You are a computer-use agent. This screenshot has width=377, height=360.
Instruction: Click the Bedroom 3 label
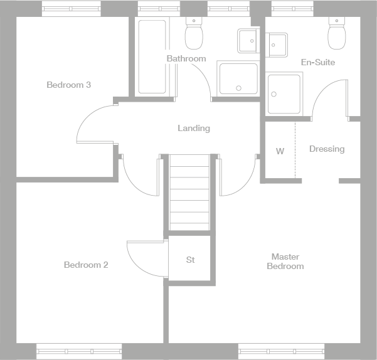pyautogui.click(x=69, y=85)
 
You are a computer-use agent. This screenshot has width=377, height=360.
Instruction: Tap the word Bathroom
pyautogui.click(x=186, y=58)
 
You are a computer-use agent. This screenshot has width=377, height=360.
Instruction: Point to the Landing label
pyautogui.click(x=194, y=129)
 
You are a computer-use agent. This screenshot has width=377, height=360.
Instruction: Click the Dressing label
pyautogui.click(x=327, y=149)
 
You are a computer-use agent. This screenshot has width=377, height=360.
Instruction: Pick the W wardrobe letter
pyautogui.click(x=280, y=151)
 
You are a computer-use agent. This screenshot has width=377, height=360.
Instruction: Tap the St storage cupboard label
pyautogui.click(x=190, y=259)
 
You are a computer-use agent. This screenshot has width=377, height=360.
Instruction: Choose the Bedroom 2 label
pyautogui.click(x=86, y=265)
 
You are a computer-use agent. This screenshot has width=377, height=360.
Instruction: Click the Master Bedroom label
pyautogui.click(x=285, y=262)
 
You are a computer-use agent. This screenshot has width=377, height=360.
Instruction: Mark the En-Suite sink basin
pyautogui.click(x=277, y=44)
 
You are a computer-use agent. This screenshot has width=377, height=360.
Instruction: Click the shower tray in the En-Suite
pyautogui.click(x=284, y=93)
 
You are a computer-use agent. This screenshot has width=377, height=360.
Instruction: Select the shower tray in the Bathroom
pyautogui.click(x=238, y=78)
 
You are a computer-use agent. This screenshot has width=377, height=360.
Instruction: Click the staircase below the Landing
pyautogui.click(x=189, y=191)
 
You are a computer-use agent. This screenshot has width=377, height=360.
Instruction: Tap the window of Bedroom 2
pyautogui.click(x=78, y=351)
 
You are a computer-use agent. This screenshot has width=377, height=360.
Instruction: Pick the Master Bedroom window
pyautogui.click(x=281, y=351)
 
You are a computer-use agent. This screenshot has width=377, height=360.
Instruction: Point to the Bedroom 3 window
pyautogui.click(x=71, y=9)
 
